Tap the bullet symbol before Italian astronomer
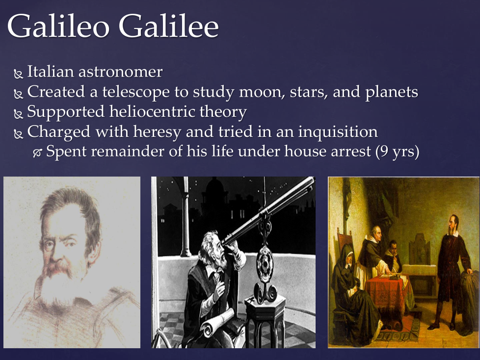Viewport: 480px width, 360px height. click(x=18, y=74)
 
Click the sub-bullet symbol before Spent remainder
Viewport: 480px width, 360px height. click(x=37, y=153)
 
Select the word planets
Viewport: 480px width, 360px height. click(x=392, y=92)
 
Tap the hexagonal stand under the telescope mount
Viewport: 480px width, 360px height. click(x=265, y=321)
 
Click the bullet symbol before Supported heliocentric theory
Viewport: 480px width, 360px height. click(x=18, y=114)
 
